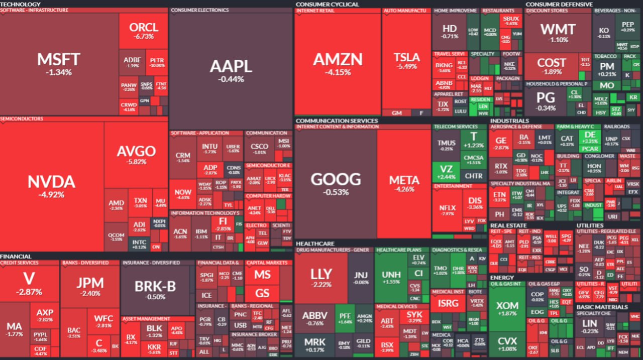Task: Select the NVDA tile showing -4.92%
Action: pyautogui.click(x=51, y=186)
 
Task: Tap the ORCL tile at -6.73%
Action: pyautogui.click(x=144, y=31)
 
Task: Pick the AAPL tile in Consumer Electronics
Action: pyautogui.click(x=231, y=70)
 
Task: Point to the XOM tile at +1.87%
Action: pyautogui.click(x=507, y=308)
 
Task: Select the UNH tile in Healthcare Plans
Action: pyautogui.click(x=391, y=278)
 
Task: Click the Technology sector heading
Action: pyautogui.click(x=21, y=4)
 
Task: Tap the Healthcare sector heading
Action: pyautogui.click(x=315, y=244)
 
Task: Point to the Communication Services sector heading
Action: pyautogui.click(x=337, y=121)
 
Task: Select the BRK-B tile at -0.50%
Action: pyautogui.click(x=155, y=289)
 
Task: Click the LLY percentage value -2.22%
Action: pyautogui.click(x=321, y=284)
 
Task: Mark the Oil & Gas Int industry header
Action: pyautogui.click(x=507, y=284)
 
